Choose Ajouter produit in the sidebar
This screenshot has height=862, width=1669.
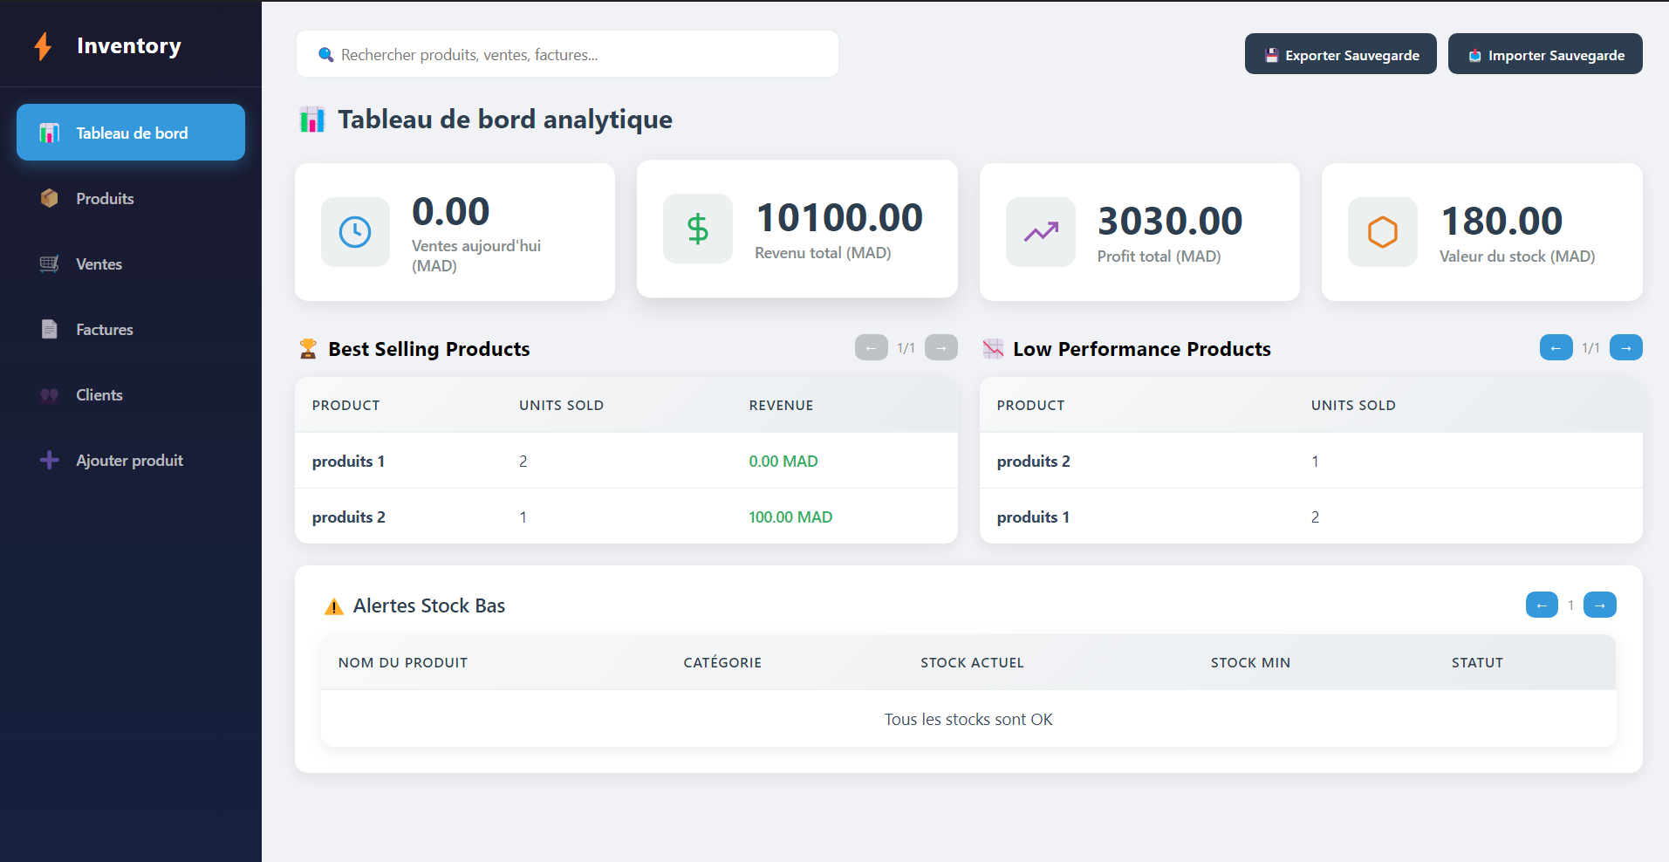point(130,460)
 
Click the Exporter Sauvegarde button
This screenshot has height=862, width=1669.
point(1340,54)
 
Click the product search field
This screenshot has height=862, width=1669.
point(567,54)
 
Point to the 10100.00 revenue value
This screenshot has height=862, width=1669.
point(839,217)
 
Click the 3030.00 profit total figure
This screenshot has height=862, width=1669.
point(1170,221)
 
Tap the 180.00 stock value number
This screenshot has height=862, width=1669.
point(1501,221)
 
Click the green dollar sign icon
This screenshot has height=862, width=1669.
point(698,229)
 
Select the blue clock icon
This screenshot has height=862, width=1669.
point(355,232)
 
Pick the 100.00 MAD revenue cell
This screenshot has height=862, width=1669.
point(790,517)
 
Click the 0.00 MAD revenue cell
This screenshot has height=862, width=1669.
point(783,461)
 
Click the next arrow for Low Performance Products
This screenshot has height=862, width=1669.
point(1625,347)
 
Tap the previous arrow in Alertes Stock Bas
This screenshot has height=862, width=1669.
point(1542,605)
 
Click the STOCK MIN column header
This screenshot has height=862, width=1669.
point(1250,662)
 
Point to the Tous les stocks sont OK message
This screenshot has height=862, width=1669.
point(968,719)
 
